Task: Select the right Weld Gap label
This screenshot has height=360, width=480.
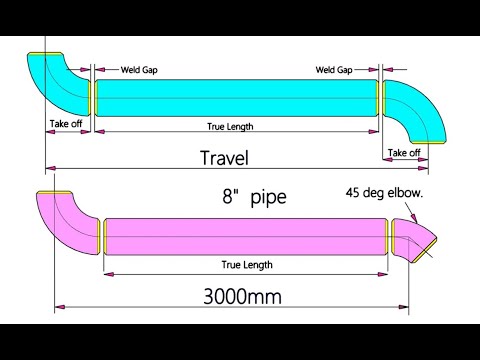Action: (x=334, y=70)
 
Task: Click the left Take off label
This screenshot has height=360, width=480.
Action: (x=66, y=124)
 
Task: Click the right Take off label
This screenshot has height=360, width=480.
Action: (x=404, y=152)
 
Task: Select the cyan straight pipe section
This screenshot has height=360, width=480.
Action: (x=235, y=97)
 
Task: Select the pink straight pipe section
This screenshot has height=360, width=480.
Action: (x=245, y=235)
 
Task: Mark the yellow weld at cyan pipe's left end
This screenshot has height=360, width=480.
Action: (x=93, y=97)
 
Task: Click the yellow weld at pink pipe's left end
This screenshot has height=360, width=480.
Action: (x=104, y=235)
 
